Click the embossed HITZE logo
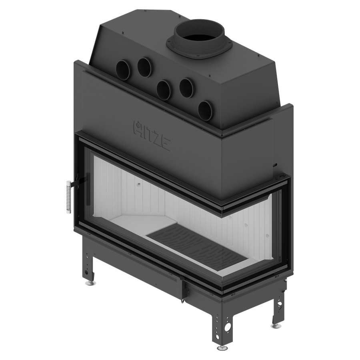pyautogui.click(x=152, y=136)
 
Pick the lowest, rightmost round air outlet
pyautogui.click(x=206, y=111)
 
